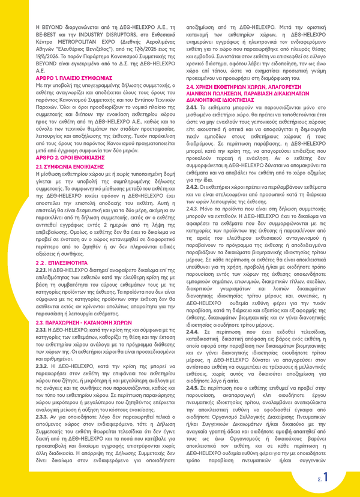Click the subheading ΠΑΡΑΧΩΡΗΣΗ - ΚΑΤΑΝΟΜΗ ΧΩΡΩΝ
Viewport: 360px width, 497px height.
(x=83, y=321)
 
